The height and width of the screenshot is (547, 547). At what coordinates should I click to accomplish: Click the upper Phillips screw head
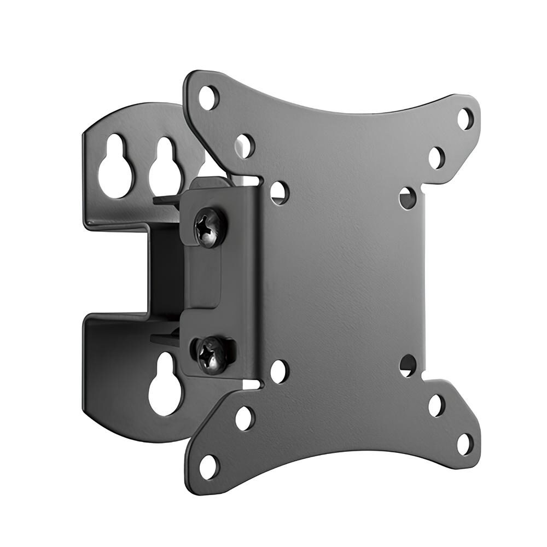pyautogui.click(x=208, y=226)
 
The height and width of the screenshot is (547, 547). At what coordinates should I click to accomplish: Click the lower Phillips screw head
pyautogui.click(x=211, y=355)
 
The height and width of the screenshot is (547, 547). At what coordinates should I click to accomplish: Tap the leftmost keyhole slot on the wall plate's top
pyautogui.click(x=116, y=165)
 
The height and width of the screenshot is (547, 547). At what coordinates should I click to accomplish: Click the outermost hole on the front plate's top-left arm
pyautogui.click(x=208, y=98)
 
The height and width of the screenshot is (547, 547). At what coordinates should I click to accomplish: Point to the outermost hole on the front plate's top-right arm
pyautogui.click(x=464, y=119)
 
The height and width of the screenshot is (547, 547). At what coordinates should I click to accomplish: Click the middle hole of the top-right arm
pyautogui.click(x=437, y=158)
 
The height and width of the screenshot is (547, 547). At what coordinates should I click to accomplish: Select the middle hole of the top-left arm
pyautogui.click(x=245, y=146)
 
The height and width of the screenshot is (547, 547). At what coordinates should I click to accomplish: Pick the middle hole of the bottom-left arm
pyautogui.click(x=245, y=418)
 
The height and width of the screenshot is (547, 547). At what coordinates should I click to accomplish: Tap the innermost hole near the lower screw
pyautogui.click(x=279, y=371)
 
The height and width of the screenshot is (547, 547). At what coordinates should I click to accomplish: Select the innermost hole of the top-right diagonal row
pyautogui.click(x=408, y=197)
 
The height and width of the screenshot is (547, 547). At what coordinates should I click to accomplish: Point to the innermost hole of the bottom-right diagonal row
pyautogui.click(x=408, y=365)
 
